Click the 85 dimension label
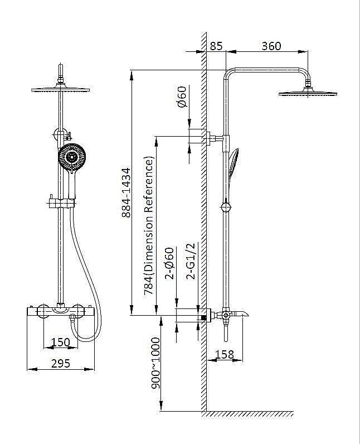pyautogui.click(x=216, y=46)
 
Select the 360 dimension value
pyautogui.click(x=271, y=46)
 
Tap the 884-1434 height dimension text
pyautogui.click(x=126, y=192)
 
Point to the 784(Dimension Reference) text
pyautogui.click(x=149, y=225)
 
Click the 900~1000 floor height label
pyautogui.click(x=155, y=363)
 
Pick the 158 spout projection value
pyautogui.click(x=225, y=354)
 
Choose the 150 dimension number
pyautogui.click(x=61, y=342)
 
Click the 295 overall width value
pyautogui.click(x=61, y=363)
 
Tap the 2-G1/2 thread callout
pyautogui.click(x=191, y=261)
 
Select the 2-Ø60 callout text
pyautogui.click(x=169, y=263)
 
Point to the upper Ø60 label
pyautogui.click(x=182, y=96)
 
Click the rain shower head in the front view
pyautogui.click(x=61, y=90)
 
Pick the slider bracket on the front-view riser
pyautogui.click(x=61, y=202)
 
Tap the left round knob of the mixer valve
pyautogui.click(x=44, y=311)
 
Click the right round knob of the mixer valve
pyautogui.click(x=78, y=311)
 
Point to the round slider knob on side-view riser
pyautogui.click(x=226, y=207)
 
